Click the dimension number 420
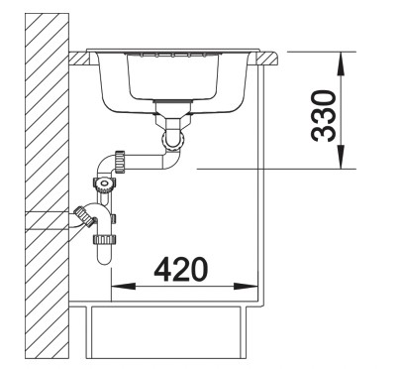(180, 268)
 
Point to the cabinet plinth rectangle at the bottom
(163, 332)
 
